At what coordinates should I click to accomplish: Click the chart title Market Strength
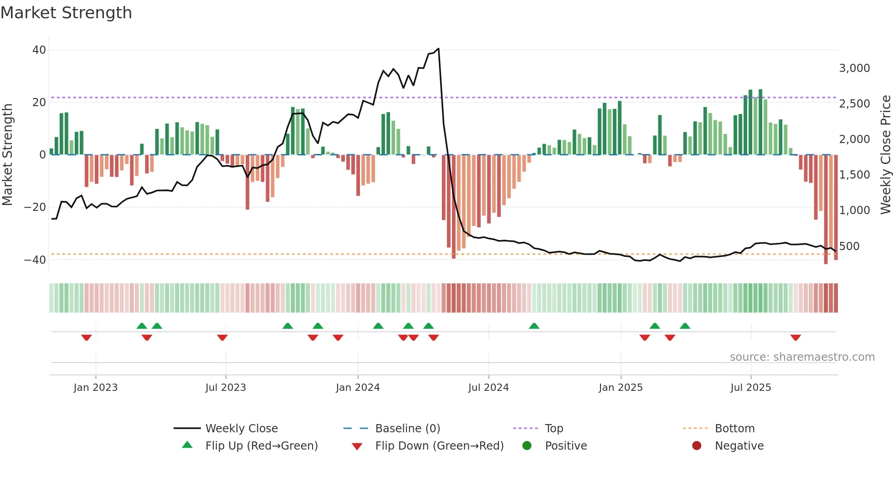click(66, 13)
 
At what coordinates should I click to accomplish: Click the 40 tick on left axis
click(39, 50)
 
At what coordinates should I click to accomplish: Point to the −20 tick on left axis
click(35, 207)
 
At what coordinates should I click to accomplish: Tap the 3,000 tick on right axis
click(854, 68)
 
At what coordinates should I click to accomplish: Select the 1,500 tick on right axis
click(854, 175)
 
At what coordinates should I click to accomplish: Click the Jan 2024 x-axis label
click(358, 388)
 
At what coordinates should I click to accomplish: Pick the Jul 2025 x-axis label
click(750, 388)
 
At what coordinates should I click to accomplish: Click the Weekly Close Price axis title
click(885, 155)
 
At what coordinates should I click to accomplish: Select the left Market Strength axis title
click(8, 155)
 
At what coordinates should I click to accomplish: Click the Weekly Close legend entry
click(241, 429)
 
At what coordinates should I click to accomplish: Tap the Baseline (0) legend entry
click(407, 429)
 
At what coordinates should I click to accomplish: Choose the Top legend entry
click(554, 429)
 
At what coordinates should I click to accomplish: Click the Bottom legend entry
click(734, 429)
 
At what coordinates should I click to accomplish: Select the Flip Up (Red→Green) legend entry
click(261, 446)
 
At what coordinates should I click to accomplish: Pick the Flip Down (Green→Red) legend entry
click(439, 446)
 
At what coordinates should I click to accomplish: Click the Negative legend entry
click(739, 446)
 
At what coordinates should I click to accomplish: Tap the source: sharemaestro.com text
click(802, 357)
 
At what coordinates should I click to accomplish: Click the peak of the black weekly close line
click(438, 48)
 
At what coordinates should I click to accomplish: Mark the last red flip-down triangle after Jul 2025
click(795, 338)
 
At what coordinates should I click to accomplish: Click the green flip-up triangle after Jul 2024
click(534, 326)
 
